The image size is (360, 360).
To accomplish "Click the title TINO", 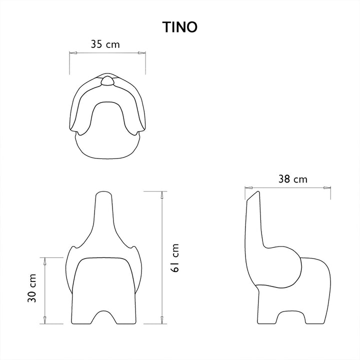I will pyautogui.click(x=179, y=27).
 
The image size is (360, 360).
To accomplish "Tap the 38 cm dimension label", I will pyautogui.click(x=293, y=179).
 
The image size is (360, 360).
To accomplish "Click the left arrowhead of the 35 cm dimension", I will pyautogui.click(x=72, y=52).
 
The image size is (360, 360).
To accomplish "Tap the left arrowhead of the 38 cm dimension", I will pyautogui.click(x=247, y=188).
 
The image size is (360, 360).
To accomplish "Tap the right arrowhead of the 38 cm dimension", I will pyautogui.click(x=327, y=188).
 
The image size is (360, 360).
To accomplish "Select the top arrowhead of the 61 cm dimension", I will pyautogui.click(x=161, y=194).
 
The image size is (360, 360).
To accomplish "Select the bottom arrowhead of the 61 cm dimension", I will pyautogui.click(x=161, y=320).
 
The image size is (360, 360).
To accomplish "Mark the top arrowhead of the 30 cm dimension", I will pyautogui.click(x=45, y=260).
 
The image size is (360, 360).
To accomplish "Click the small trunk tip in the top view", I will pyautogui.click(x=107, y=81).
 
